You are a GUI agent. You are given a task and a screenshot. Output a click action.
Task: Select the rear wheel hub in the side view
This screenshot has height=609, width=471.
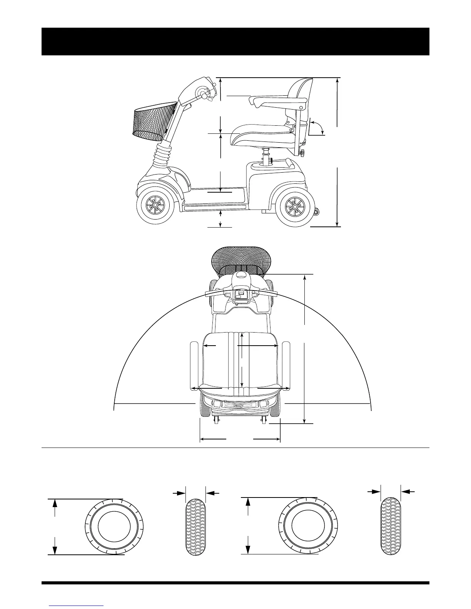pyautogui.click(x=294, y=208)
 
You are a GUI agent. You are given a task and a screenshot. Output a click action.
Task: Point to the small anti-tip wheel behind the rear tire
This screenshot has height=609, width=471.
pyautogui.click(x=317, y=211)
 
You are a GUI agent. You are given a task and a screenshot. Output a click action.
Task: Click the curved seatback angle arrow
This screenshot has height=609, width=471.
pyautogui.click(x=317, y=126)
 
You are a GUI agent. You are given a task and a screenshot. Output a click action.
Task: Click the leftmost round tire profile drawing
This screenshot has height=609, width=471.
pyautogui.click(x=114, y=526)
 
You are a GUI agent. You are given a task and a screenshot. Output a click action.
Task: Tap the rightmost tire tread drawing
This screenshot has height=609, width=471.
pyautogui.click(x=391, y=526)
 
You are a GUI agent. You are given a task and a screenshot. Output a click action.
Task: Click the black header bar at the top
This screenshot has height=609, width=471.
pyautogui.click(x=235, y=42)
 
